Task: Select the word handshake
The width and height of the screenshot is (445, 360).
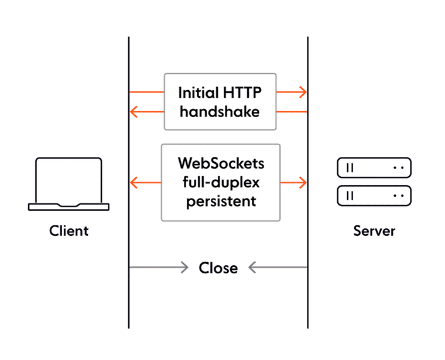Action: (220, 111)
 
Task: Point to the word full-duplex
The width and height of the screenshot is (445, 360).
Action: (221, 181)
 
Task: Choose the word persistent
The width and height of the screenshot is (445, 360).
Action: (221, 201)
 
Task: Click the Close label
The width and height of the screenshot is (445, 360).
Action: (218, 269)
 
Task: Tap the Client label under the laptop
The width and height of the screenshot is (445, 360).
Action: (69, 231)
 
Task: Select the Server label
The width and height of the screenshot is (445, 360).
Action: (374, 231)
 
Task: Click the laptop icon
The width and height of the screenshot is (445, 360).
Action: (69, 183)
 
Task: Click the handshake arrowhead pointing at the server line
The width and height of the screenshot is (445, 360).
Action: (302, 92)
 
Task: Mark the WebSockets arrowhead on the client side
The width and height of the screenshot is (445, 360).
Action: (134, 183)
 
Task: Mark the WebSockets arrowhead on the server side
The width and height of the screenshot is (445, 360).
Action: (302, 183)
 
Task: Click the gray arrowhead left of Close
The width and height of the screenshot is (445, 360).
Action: (187, 269)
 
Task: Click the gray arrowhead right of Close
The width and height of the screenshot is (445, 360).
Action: (250, 269)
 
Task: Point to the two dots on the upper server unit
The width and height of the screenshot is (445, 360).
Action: (398, 168)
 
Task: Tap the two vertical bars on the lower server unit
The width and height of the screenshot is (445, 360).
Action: (350, 194)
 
